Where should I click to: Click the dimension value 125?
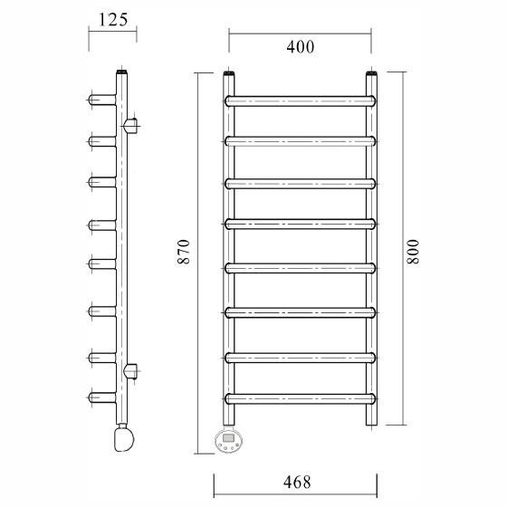coord(112,19)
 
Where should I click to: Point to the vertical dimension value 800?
coord(414,252)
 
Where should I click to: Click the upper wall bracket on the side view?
coord(130,123)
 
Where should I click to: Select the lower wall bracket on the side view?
coord(131,369)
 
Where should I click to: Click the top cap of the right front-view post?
coord(371,74)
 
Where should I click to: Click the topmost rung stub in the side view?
coord(101,99)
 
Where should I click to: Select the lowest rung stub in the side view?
coord(101,397)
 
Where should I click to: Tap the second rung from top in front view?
coord(300,140)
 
